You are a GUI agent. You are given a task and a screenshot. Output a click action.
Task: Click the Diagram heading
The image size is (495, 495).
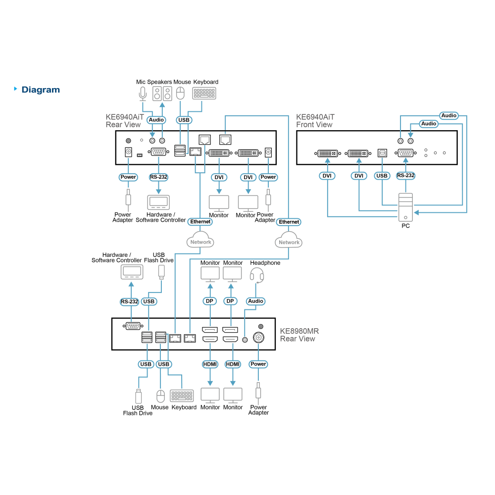coord(41,90)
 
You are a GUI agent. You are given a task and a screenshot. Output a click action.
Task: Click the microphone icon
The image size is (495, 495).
coord(143,94)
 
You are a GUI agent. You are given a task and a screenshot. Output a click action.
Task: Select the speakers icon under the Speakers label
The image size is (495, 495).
coord(162,94)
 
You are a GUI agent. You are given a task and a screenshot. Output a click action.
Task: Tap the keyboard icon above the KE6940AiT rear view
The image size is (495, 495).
coord(204,94)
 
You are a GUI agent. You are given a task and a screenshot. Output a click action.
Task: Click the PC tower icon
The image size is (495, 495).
coord(406,207)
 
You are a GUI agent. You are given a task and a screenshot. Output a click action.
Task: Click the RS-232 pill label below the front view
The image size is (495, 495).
coord(406,176)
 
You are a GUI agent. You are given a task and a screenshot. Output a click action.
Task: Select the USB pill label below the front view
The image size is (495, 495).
coord(382,176)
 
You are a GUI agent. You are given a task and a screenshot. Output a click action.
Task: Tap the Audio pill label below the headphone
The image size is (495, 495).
coord(255,301)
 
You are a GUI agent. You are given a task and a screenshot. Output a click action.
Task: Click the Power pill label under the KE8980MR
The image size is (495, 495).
coord(258,364)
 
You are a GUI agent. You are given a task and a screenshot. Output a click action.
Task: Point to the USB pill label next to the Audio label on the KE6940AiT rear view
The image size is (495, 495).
coord(184,120)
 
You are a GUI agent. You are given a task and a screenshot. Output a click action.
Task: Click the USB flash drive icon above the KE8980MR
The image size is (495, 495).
coord(161,272)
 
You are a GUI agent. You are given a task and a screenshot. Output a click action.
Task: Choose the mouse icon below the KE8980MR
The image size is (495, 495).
coord(161,396)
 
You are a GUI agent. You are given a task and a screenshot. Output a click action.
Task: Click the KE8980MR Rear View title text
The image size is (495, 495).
coord(299,335)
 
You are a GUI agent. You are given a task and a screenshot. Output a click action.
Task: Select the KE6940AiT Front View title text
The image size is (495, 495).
coord(315,121)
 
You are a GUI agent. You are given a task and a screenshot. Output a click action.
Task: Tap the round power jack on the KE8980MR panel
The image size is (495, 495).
coord(258,338)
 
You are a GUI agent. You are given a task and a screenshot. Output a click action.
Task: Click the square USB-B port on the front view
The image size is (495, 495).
coord(382,153)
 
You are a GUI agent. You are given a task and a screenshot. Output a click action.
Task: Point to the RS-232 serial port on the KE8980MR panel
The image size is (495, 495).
coord(133,326)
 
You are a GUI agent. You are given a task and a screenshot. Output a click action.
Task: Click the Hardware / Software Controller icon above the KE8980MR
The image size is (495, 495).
coord(132,272)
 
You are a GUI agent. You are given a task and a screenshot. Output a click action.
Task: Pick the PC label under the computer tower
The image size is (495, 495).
coord(406,226)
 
